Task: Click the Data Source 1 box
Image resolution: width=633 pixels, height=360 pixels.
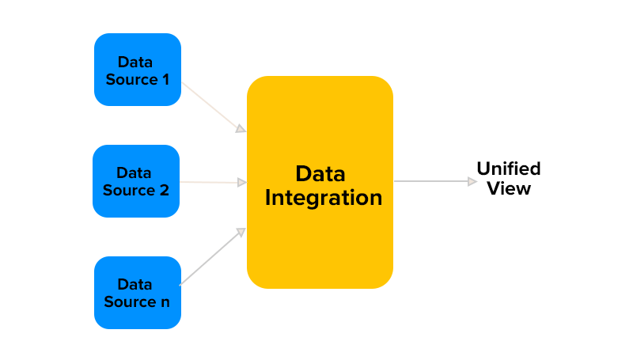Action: (x=138, y=70)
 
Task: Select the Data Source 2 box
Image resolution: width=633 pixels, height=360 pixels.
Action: (x=136, y=181)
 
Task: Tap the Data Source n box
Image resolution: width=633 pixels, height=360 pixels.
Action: (x=138, y=293)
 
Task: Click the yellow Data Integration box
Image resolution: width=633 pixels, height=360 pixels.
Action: (x=320, y=182)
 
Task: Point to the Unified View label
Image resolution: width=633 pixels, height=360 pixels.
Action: (x=509, y=178)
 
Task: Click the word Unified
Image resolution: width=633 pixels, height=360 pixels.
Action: (x=509, y=169)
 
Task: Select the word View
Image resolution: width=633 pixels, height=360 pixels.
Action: (x=509, y=188)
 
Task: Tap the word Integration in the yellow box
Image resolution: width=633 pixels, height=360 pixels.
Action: (x=323, y=198)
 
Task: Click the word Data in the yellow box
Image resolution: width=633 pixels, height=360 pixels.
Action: (x=320, y=173)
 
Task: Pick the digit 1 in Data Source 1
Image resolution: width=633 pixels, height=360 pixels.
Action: (x=165, y=79)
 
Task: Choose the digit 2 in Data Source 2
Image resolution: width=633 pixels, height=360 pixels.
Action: (x=164, y=191)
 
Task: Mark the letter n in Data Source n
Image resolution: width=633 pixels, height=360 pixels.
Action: (x=165, y=303)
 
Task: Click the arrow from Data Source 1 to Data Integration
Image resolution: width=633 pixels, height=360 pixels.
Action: (x=212, y=107)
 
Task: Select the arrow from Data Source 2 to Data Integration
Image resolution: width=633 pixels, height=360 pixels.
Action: (x=209, y=182)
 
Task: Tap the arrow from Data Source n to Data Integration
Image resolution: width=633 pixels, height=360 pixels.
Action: (x=212, y=257)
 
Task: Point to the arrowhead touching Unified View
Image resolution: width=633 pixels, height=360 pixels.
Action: (x=472, y=181)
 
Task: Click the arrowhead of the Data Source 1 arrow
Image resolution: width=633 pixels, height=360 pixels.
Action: (x=241, y=128)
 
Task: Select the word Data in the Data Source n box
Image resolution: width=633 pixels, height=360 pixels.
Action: (x=135, y=284)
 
